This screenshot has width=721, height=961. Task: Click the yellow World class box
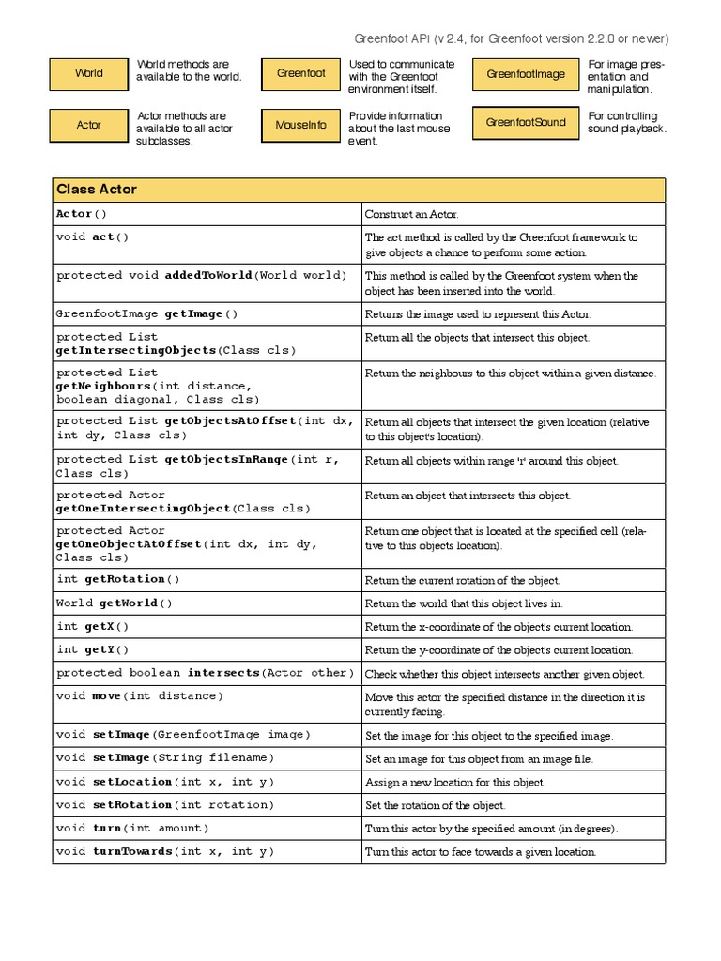(88, 73)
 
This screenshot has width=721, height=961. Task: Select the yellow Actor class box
(88, 125)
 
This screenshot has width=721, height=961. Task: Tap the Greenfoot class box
(300, 73)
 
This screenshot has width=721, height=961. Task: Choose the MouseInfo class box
(300, 125)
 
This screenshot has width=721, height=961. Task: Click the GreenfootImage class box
(526, 74)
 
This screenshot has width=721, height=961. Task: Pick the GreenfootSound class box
(526, 123)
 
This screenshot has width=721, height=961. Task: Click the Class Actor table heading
(97, 190)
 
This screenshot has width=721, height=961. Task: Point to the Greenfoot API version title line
(512, 38)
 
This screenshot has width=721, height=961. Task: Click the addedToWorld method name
(207, 276)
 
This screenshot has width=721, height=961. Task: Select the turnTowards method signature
(165, 852)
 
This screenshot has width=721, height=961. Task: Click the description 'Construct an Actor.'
(411, 215)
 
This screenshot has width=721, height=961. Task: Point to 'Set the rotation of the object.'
(435, 805)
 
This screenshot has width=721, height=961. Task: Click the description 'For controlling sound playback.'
(626, 123)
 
